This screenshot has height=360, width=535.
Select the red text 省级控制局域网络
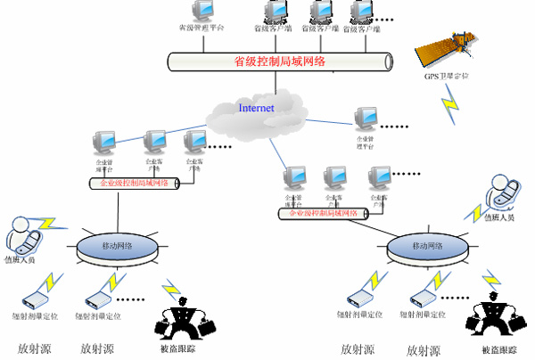pyautogui.click(x=279, y=61)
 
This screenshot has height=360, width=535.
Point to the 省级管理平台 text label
pyautogui.click(x=201, y=28)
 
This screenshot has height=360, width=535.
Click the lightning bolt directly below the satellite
pyautogui.click(x=449, y=106)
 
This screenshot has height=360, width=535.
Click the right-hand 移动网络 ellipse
pyautogui.click(x=426, y=245)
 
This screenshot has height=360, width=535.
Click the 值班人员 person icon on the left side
pyautogui.click(x=24, y=233)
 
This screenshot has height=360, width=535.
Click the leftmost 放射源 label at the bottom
pyautogui.click(x=35, y=348)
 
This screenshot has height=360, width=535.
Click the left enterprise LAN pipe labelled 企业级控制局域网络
pyautogui.click(x=134, y=183)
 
